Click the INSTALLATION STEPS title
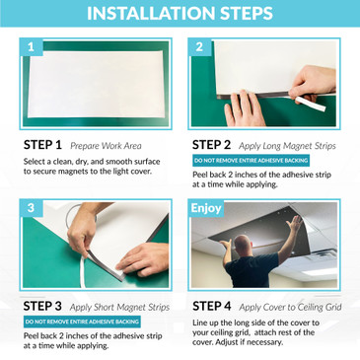coord(180,13)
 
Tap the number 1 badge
coord(32,47)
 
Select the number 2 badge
coord(199,47)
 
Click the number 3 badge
coord(32,208)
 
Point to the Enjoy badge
coord(206,208)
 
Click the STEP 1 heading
coord(42,145)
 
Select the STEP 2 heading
coord(211,145)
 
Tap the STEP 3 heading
coord(42,306)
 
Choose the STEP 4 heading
coord(212,306)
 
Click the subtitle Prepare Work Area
coord(106,146)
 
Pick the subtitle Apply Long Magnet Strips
coord(287,146)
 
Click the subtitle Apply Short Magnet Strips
coord(119,308)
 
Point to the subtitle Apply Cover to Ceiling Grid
coord(290,308)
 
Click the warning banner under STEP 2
coord(251,161)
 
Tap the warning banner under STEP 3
coord(82,322)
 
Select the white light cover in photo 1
coord(96,84)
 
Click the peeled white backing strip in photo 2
coord(310,104)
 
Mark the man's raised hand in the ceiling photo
coord(294,224)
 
